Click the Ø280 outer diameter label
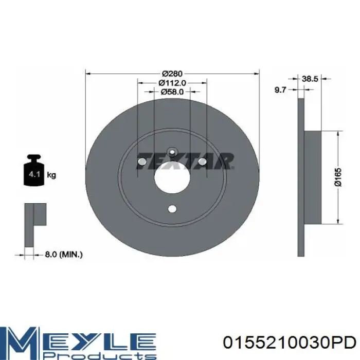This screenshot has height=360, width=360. click(172, 74)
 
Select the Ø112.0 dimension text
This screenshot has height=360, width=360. click(172, 83)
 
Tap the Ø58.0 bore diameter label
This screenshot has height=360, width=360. click(172, 92)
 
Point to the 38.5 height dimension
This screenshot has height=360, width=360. click(310, 79)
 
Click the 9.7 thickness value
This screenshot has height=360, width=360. click(280, 90)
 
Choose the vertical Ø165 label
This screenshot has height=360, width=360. click(338, 177)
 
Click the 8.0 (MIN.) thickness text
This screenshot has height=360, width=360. click(64, 255)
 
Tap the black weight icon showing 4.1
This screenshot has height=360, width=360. click(34, 170)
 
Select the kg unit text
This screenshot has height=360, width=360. click(51, 175)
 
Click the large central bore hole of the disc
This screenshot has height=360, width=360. click(172, 178)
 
